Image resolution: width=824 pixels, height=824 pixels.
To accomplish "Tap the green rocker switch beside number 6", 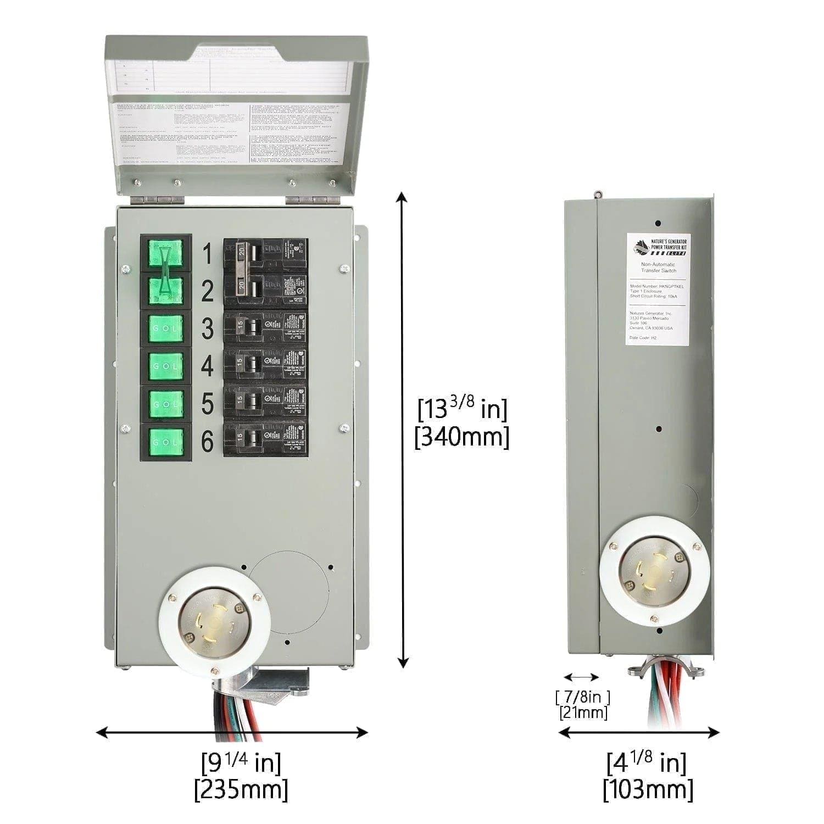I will click(x=166, y=442).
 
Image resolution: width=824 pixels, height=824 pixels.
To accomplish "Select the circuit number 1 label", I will click(x=207, y=254).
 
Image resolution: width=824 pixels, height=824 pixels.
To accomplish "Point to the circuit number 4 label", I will click(x=207, y=366).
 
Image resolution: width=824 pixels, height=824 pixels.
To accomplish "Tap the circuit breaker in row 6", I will click(x=265, y=438).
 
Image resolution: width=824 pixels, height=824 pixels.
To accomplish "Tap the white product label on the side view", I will click(x=658, y=289).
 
